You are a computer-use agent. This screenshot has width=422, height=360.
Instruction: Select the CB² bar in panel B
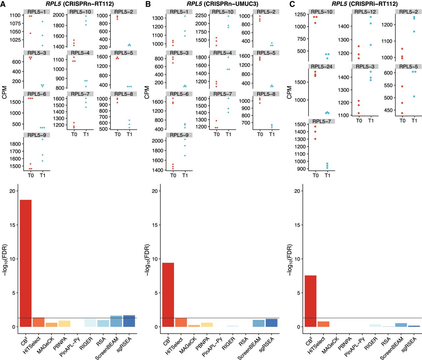click(x=168, y=295)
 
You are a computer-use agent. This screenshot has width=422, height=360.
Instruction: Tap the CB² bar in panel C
click(x=310, y=301)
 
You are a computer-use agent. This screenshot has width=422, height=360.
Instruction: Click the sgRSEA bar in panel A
click(x=129, y=321)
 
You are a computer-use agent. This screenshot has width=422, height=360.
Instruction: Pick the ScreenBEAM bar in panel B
click(x=258, y=323)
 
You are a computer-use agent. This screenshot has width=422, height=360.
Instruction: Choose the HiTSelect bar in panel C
click(x=323, y=324)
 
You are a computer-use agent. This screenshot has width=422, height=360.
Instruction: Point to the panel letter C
click(x=292, y=4)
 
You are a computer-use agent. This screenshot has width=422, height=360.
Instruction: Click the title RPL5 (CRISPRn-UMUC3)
click(x=222, y=4)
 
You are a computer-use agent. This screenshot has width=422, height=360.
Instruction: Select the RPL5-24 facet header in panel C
click(x=321, y=67)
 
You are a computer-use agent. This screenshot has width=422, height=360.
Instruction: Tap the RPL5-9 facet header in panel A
click(x=37, y=135)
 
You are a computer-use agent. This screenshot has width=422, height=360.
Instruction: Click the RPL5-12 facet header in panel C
click(x=365, y=12)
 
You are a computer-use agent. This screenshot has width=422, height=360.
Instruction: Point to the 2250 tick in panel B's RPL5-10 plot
click(x=201, y=15)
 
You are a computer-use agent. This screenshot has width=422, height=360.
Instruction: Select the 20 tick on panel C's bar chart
click(x=297, y=191)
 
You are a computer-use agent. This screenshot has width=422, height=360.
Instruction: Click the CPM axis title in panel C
click(x=289, y=92)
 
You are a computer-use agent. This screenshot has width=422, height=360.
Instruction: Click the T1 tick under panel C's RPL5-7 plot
click(x=327, y=175)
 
